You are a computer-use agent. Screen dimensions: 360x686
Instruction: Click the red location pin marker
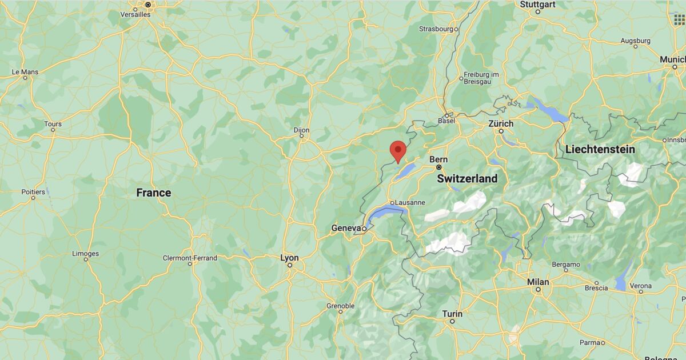coord(398,151)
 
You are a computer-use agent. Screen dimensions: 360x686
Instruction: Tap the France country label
coord(153,193)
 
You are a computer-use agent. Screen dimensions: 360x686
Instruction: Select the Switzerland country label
coord(467,178)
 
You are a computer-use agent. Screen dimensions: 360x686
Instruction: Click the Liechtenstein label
coord(600,149)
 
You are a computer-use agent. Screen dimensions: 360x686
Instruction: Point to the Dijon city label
coord(301,130)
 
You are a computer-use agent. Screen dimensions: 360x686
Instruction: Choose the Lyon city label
coord(289,258)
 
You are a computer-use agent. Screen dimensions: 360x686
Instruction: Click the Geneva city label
coord(346,229)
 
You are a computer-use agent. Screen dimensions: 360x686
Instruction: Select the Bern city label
coord(438,159)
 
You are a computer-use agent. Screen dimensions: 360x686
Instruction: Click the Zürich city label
coord(501,123)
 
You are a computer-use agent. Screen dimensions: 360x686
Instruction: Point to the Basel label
coord(447,121)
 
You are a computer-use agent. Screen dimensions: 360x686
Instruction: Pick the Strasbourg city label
coord(436,29)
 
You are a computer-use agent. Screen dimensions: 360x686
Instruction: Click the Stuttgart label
coord(537,4)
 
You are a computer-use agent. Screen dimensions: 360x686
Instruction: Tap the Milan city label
coord(538,282)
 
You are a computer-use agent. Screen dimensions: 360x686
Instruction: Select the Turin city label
coord(452,314)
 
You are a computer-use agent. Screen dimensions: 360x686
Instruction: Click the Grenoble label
coord(341,306)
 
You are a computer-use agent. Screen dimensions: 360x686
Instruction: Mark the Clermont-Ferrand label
coord(190,258)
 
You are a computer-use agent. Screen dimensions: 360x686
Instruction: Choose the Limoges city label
coord(86,254)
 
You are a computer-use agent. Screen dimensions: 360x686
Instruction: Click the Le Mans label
coord(25,72)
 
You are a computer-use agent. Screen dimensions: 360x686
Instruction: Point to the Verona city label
coord(641,286)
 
